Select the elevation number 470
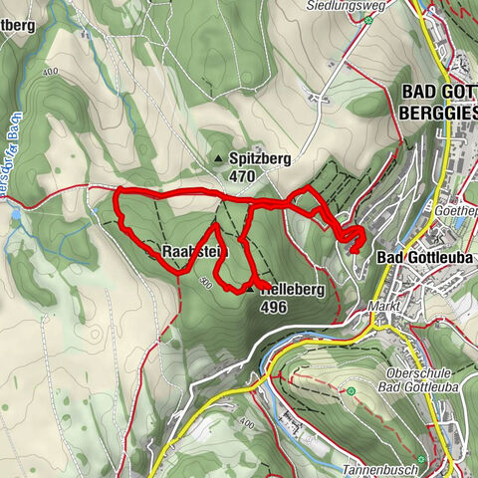coord(242,177)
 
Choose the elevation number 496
coord(274,308)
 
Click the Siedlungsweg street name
coord(338,5)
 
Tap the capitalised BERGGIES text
coord(438,113)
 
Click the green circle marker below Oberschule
coord(351,392)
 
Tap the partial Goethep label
coord(457,212)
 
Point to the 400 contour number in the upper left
coord(51,73)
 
